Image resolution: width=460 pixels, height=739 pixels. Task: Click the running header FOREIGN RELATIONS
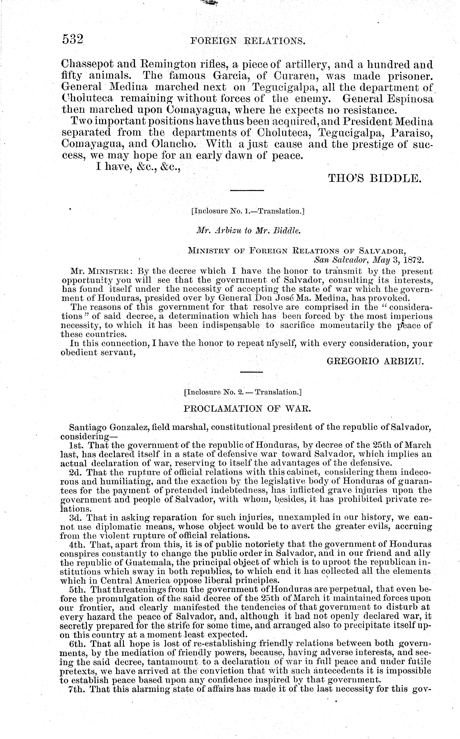click(248, 41)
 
